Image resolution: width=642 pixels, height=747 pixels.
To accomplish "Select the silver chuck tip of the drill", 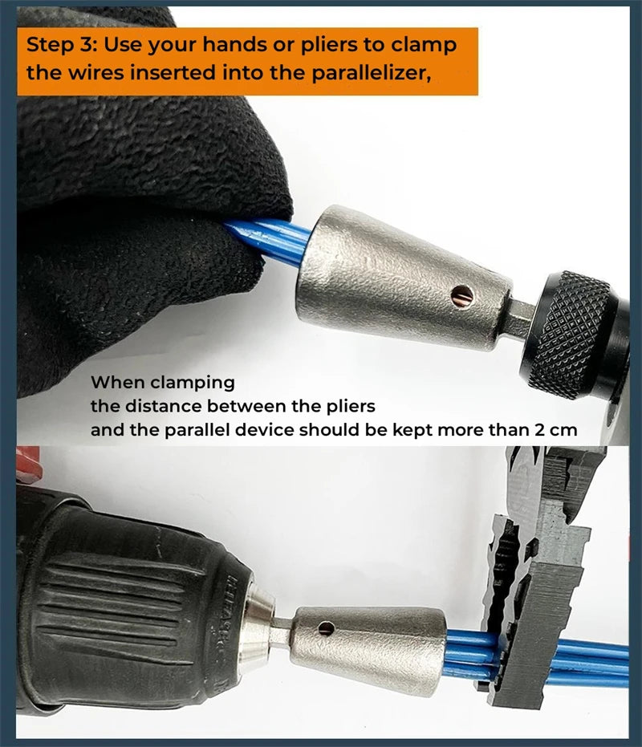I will click(257, 634).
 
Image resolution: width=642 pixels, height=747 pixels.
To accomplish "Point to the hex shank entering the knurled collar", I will click(522, 316).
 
